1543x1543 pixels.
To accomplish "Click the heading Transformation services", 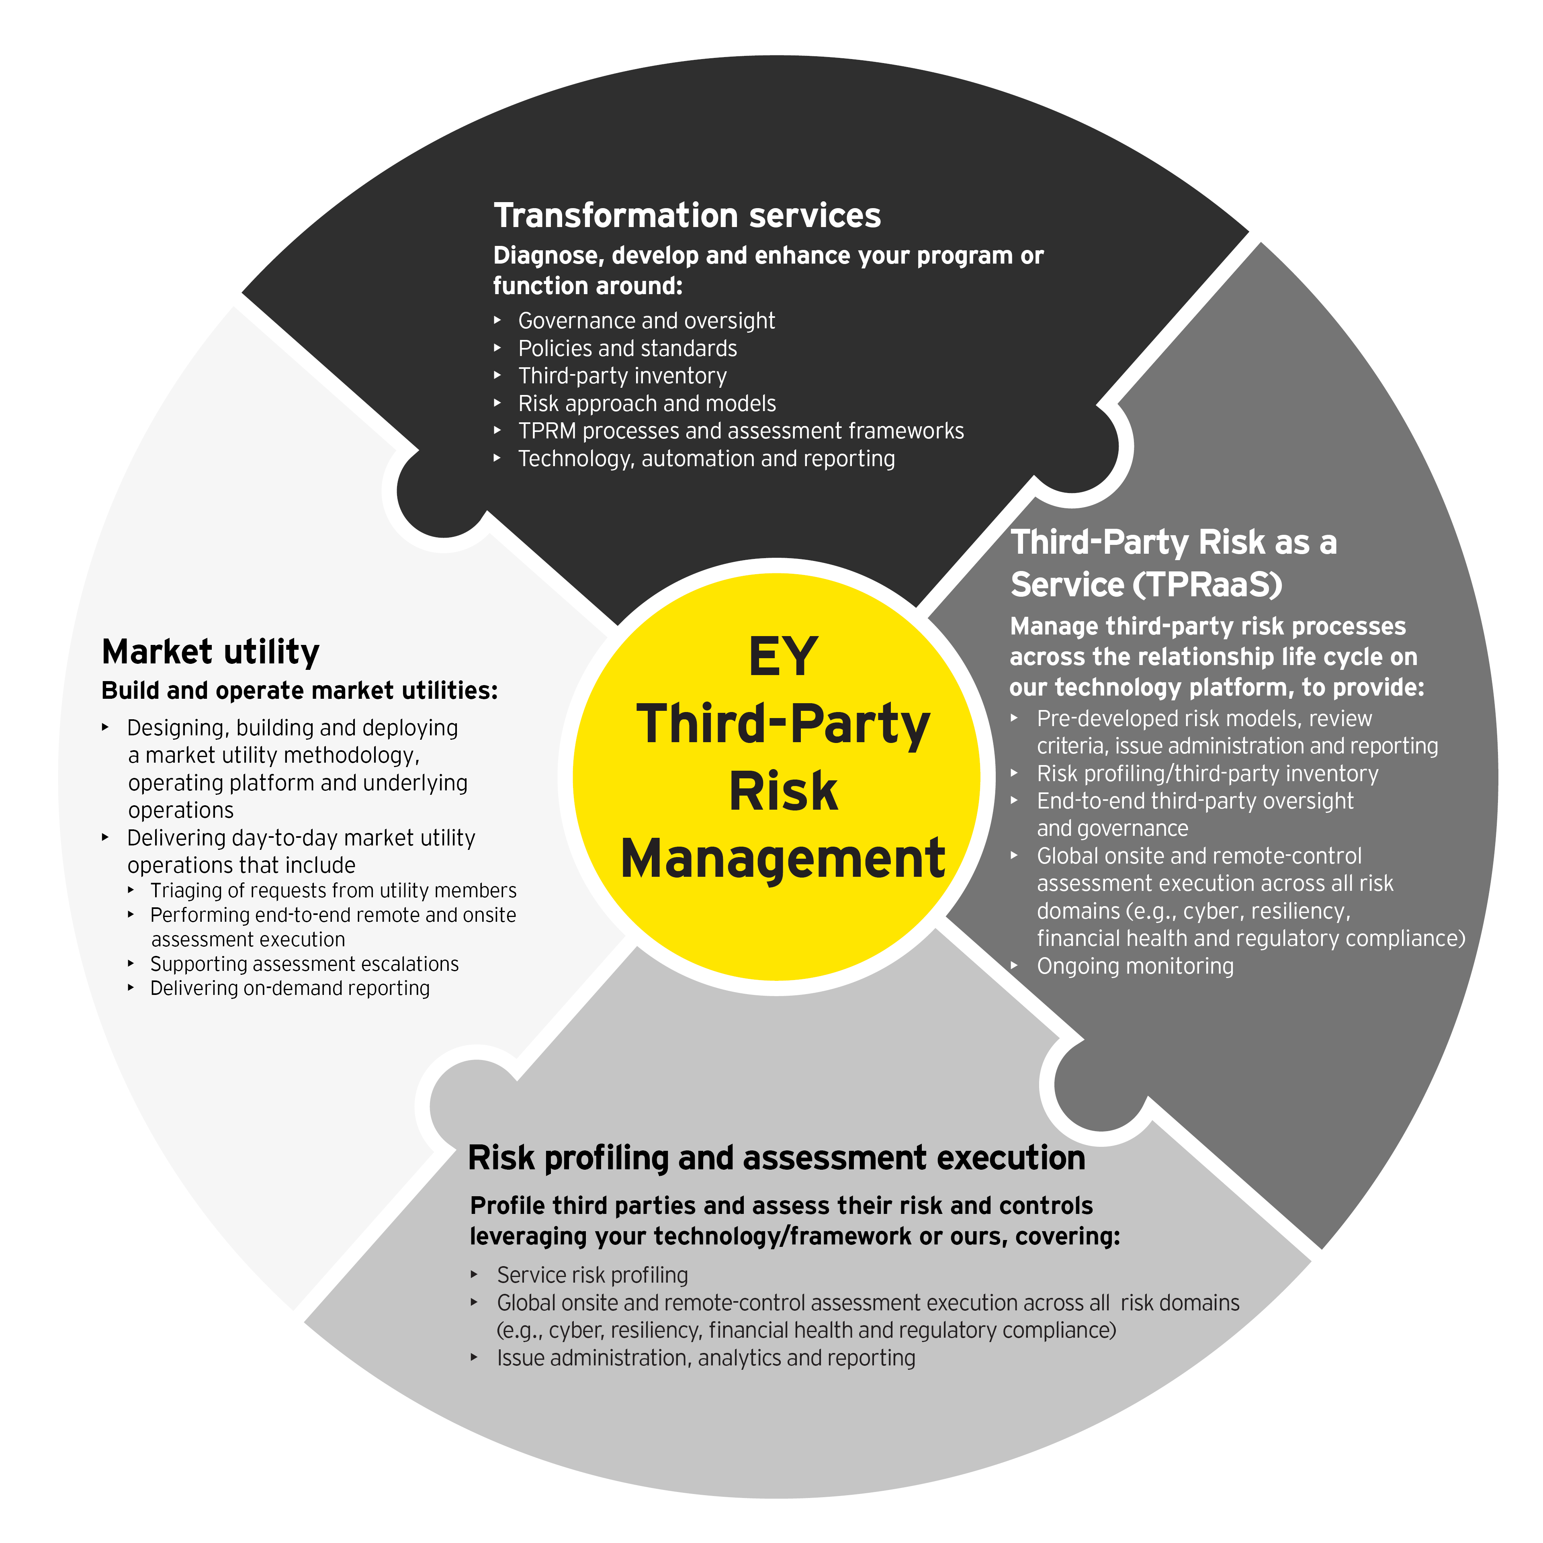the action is [x=687, y=216].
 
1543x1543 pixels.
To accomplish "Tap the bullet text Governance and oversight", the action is [x=646, y=321].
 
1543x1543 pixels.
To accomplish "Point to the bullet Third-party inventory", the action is [x=622, y=376].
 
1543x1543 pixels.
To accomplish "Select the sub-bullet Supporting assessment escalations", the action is [x=304, y=964].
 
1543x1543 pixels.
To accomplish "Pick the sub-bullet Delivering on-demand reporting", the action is [x=290, y=989].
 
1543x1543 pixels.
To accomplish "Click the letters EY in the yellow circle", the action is [x=783, y=657].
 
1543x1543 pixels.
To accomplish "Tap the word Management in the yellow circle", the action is [x=783, y=859].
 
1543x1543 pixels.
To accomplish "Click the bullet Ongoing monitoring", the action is [x=1135, y=966].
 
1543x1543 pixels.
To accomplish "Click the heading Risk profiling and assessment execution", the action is [x=776, y=1158].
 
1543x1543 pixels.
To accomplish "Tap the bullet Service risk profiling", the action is [x=592, y=1275].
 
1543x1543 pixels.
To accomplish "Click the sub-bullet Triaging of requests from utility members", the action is [x=333, y=890].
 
